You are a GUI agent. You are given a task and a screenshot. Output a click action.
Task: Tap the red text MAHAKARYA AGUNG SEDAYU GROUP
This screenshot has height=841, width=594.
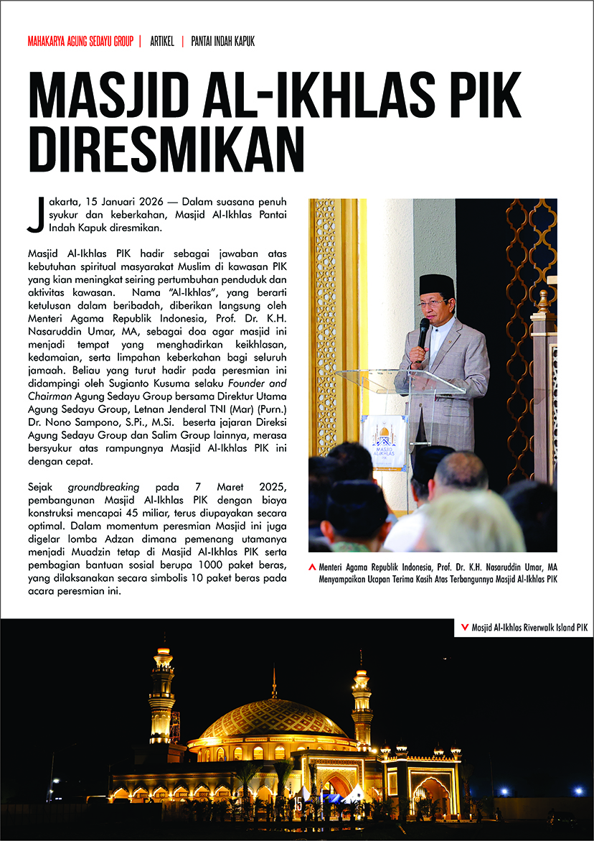(x=80, y=42)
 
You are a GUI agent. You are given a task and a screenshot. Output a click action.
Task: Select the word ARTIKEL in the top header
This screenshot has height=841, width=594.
(x=162, y=42)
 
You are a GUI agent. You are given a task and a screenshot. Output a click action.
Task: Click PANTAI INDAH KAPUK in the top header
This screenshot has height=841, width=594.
(x=222, y=42)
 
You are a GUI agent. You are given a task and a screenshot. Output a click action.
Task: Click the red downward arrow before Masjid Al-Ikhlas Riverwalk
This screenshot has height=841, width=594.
(x=463, y=627)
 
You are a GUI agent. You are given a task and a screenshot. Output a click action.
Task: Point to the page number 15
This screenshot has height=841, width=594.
(x=297, y=804)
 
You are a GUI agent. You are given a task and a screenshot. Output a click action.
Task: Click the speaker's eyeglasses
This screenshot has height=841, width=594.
(x=432, y=304)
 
